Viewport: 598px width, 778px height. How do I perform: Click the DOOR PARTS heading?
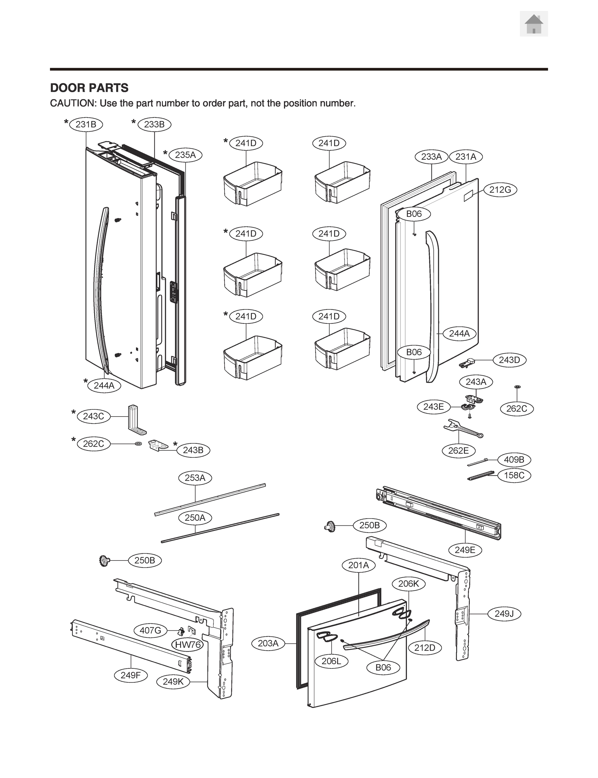click(89, 88)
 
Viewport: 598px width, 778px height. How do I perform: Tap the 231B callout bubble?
click(86, 124)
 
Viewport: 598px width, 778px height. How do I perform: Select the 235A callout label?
click(185, 155)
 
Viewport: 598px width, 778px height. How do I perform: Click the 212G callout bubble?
click(500, 190)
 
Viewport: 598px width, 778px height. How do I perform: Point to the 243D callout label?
click(509, 360)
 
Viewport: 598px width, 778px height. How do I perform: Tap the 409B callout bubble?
click(514, 460)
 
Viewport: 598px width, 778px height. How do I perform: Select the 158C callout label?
click(514, 476)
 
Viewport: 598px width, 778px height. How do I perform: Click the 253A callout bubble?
click(195, 478)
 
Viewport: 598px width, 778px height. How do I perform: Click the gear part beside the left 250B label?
click(104, 561)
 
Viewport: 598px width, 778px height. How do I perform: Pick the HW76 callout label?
click(188, 645)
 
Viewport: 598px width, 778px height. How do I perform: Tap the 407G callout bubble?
click(150, 631)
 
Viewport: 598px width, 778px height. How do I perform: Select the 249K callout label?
click(173, 682)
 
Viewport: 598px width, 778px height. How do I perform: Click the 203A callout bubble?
click(268, 643)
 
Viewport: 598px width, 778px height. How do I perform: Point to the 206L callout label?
click(331, 661)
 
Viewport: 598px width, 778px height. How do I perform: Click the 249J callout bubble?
click(504, 614)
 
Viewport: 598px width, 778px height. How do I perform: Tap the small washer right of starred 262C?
click(138, 444)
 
